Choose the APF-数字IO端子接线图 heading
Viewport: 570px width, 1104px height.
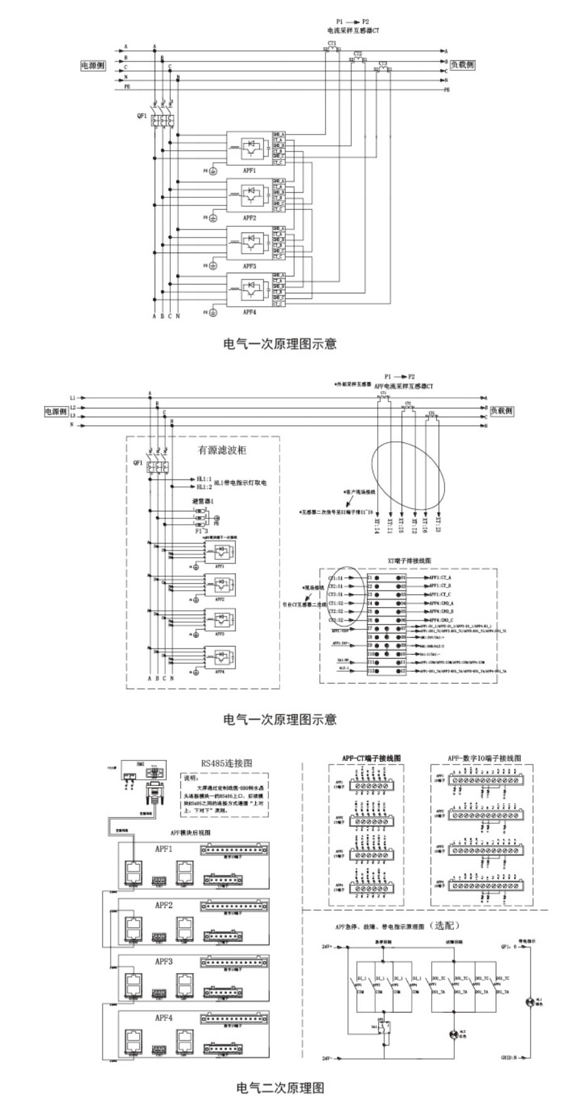point(481,758)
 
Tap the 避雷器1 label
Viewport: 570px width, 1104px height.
point(203,501)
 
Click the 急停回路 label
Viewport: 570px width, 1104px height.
point(383,942)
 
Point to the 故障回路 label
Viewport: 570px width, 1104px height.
point(453,942)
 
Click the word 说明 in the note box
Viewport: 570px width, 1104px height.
point(190,777)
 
